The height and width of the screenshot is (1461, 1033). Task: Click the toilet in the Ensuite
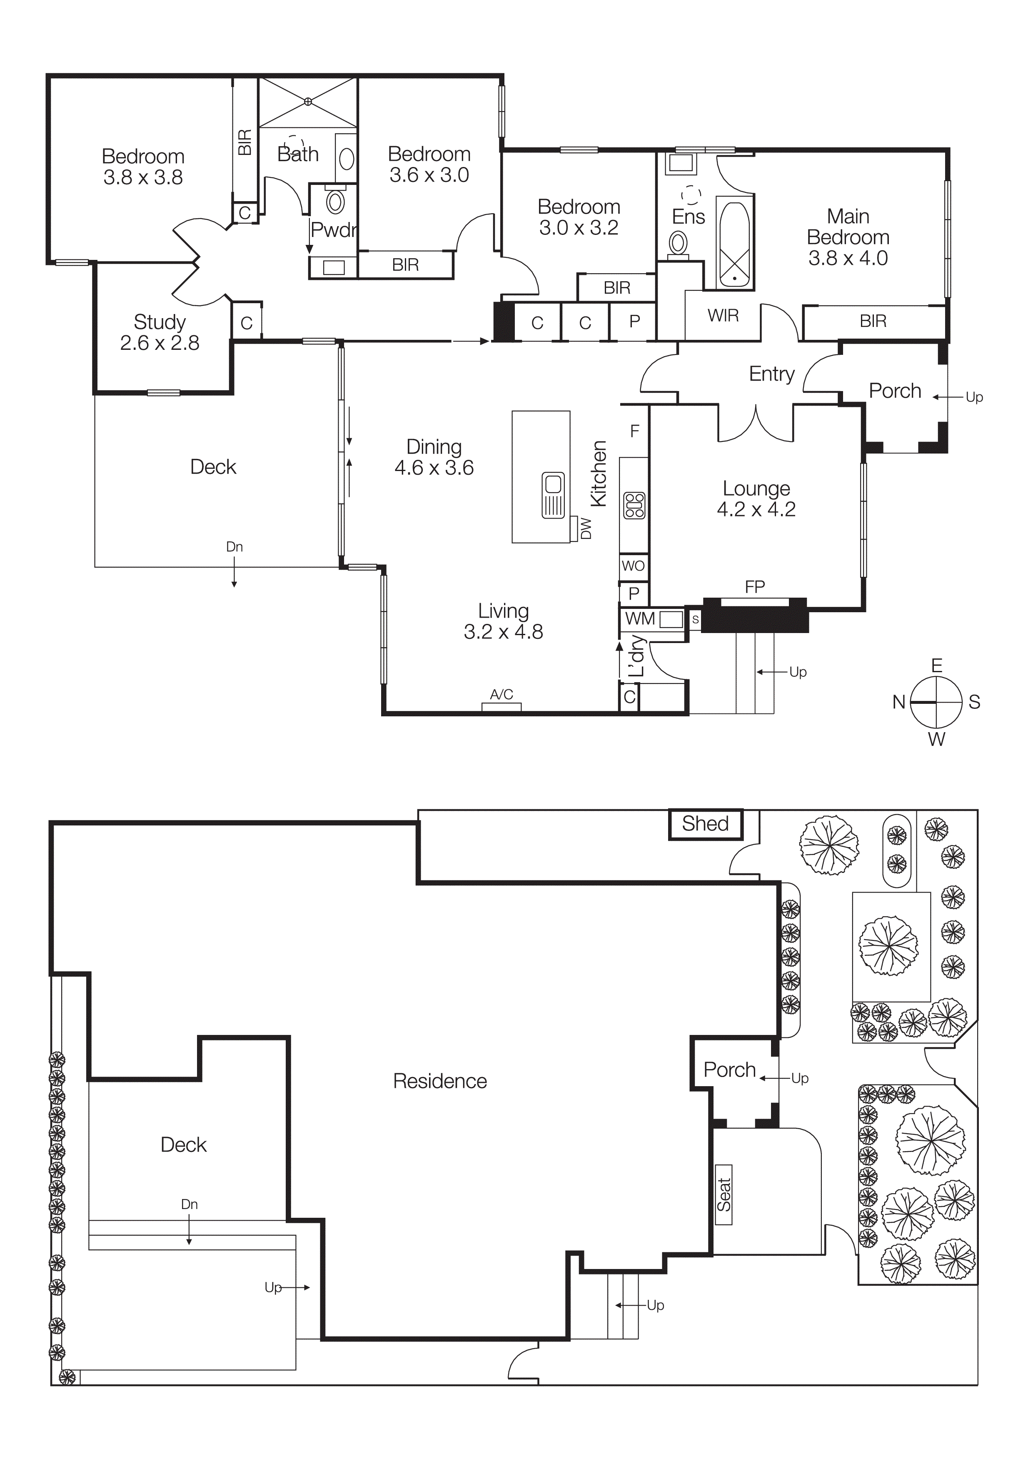(x=679, y=244)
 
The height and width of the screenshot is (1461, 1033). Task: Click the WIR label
(x=723, y=316)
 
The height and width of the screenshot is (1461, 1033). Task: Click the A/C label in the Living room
(x=502, y=694)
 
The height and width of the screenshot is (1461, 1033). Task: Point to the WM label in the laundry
(x=640, y=618)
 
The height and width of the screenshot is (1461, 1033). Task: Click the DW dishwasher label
(x=586, y=528)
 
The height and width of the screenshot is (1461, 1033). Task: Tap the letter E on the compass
(x=936, y=666)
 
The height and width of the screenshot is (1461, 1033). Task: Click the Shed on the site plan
(x=705, y=824)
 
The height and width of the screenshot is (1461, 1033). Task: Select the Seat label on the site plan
(x=724, y=1194)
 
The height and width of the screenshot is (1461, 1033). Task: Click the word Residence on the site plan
(x=440, y=1081)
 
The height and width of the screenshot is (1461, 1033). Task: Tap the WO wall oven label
(x=633, y=566)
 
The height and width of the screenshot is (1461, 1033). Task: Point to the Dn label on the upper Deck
(x=234, y=546)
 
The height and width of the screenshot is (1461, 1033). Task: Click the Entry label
(x=771, y=374)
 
